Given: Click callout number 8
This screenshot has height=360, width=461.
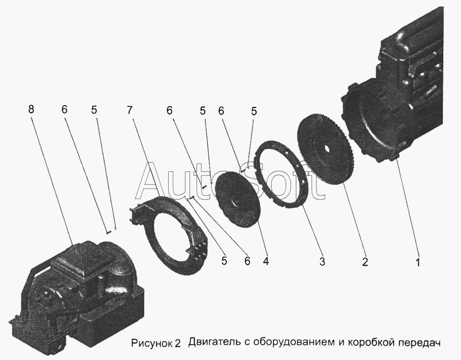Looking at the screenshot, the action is [x=31, y=109].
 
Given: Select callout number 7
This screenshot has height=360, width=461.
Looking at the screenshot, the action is [x=130, y=110].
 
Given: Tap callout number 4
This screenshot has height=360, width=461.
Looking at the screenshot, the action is [x=266, y=261].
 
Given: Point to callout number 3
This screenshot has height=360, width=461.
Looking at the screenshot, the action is [x=322, y=261].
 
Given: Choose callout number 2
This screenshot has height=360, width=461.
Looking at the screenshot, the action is [x=365, y=261].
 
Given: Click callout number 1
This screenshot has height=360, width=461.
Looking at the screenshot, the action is [x=418, y=261].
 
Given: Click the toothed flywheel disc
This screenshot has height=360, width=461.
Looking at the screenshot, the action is [x=326, y=150].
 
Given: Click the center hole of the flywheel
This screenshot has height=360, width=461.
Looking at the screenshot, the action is [x=326, y=148].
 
